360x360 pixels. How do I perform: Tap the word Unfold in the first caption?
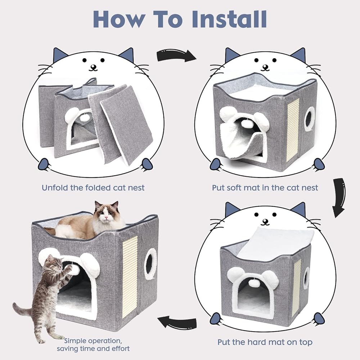pyautogui.click(x=55, y=188)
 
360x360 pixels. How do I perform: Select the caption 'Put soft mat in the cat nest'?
pyautogui.click(x=265, y=188)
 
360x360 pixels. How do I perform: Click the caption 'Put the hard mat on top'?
pyautogui.click(x=265, y=342)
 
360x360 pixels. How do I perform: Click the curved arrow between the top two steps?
pyautogui.click(x=176, y=55)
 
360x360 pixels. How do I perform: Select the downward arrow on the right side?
pyautogui.click(x=339, y=197)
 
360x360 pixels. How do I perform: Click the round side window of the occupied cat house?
pyautogui.click(x=150, y=264)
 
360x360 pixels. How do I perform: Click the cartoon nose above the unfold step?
pyautogui.click(x=93, y=67)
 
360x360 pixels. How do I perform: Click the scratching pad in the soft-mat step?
pyautogui.click(x=294, y=130)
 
